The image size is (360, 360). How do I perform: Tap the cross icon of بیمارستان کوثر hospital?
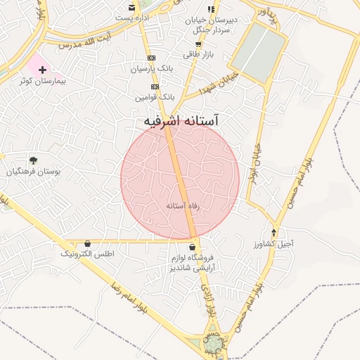point(43,70)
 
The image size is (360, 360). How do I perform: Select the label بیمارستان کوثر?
point(41,82)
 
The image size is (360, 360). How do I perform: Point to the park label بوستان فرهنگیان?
point(34,171)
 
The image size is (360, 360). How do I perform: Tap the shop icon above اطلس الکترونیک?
point(87,243)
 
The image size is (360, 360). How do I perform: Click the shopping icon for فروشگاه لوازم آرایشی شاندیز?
point(192,247)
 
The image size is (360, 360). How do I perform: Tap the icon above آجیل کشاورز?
point(274,233)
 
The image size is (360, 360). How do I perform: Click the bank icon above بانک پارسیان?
point(150,58)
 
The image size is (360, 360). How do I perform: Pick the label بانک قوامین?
point(157,96)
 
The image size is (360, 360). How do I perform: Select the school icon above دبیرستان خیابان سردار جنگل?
point(210,8)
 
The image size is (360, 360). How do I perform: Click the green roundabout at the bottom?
point(213,343)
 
